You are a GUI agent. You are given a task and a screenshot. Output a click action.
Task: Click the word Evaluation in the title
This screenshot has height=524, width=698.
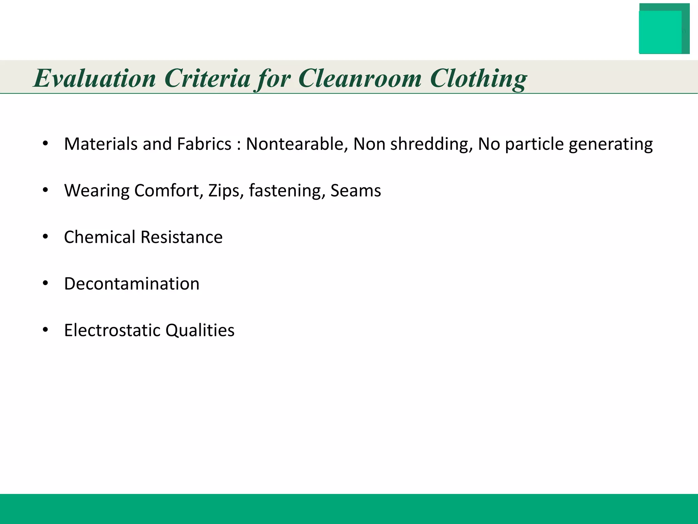(x=95, y=78)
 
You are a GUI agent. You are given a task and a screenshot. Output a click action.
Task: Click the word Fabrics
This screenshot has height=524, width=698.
(x=204, y=144)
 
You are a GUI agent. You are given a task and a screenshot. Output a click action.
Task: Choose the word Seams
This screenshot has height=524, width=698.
(x=355, y=191)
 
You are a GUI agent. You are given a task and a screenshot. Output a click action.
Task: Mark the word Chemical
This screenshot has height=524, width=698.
(x=100, y=237)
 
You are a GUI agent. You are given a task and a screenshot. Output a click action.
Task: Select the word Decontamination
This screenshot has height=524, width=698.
(x=132, y=284)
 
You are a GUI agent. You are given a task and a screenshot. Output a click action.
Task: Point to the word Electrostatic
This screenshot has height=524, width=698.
(x=112, y=330)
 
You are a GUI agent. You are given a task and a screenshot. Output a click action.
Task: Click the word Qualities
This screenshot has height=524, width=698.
(x=200, y=330)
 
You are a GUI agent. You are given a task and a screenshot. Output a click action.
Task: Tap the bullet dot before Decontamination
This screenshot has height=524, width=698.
(x=45, y=283)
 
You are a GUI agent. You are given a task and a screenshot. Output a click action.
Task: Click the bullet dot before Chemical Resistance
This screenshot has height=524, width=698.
(x=45, y=237)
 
